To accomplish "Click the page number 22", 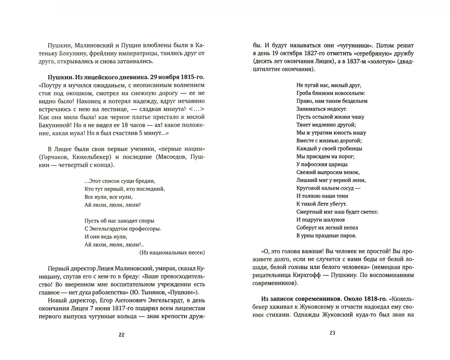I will pos(122,335).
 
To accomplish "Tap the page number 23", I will pos(332,333).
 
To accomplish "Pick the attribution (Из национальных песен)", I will pos(172,252).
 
